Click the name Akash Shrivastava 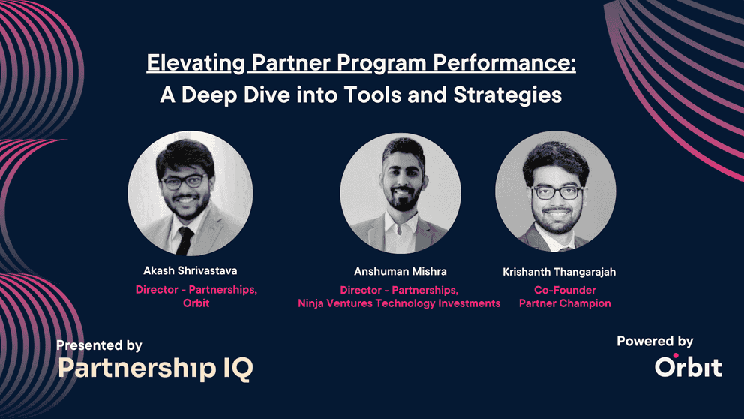tap(196, 270)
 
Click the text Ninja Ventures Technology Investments tap(398, 303)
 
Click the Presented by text tap(100, 345)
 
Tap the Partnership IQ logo tap(155, 368)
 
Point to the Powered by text tap(655, 342)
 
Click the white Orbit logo tap(688, 366)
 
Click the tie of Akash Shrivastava tap(184, 240)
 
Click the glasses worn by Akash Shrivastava tap(184, 182)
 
